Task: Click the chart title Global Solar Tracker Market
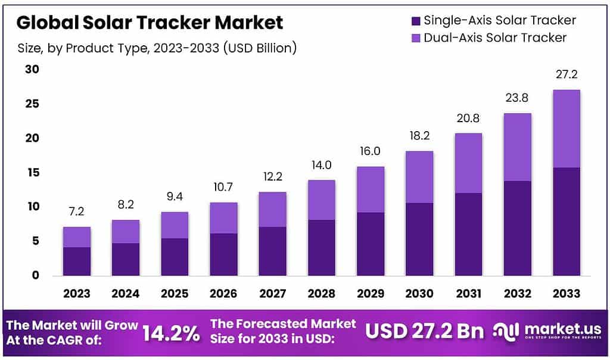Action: coord(150,23)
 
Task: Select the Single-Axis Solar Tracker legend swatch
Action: coord(416,21)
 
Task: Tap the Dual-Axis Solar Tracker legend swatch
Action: coord(416,38)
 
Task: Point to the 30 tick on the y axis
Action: coord(32,70)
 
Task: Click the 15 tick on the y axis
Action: coord(32,173)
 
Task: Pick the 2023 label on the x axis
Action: coord(77,294)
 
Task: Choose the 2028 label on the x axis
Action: coord(321,294)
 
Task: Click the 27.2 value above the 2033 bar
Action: coord(566,75)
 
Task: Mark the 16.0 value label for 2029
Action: coord(370,152)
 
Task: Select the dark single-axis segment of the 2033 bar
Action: coord(566,222)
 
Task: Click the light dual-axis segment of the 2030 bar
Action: coord(419,177)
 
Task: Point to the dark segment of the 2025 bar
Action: coord(175,257)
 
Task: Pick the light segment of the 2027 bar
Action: coord(272,209)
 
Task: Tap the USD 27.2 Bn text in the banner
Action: coord(425,331)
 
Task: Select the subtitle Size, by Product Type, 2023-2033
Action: coord(156,48)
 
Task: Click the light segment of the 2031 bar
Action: coord(468,163)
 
